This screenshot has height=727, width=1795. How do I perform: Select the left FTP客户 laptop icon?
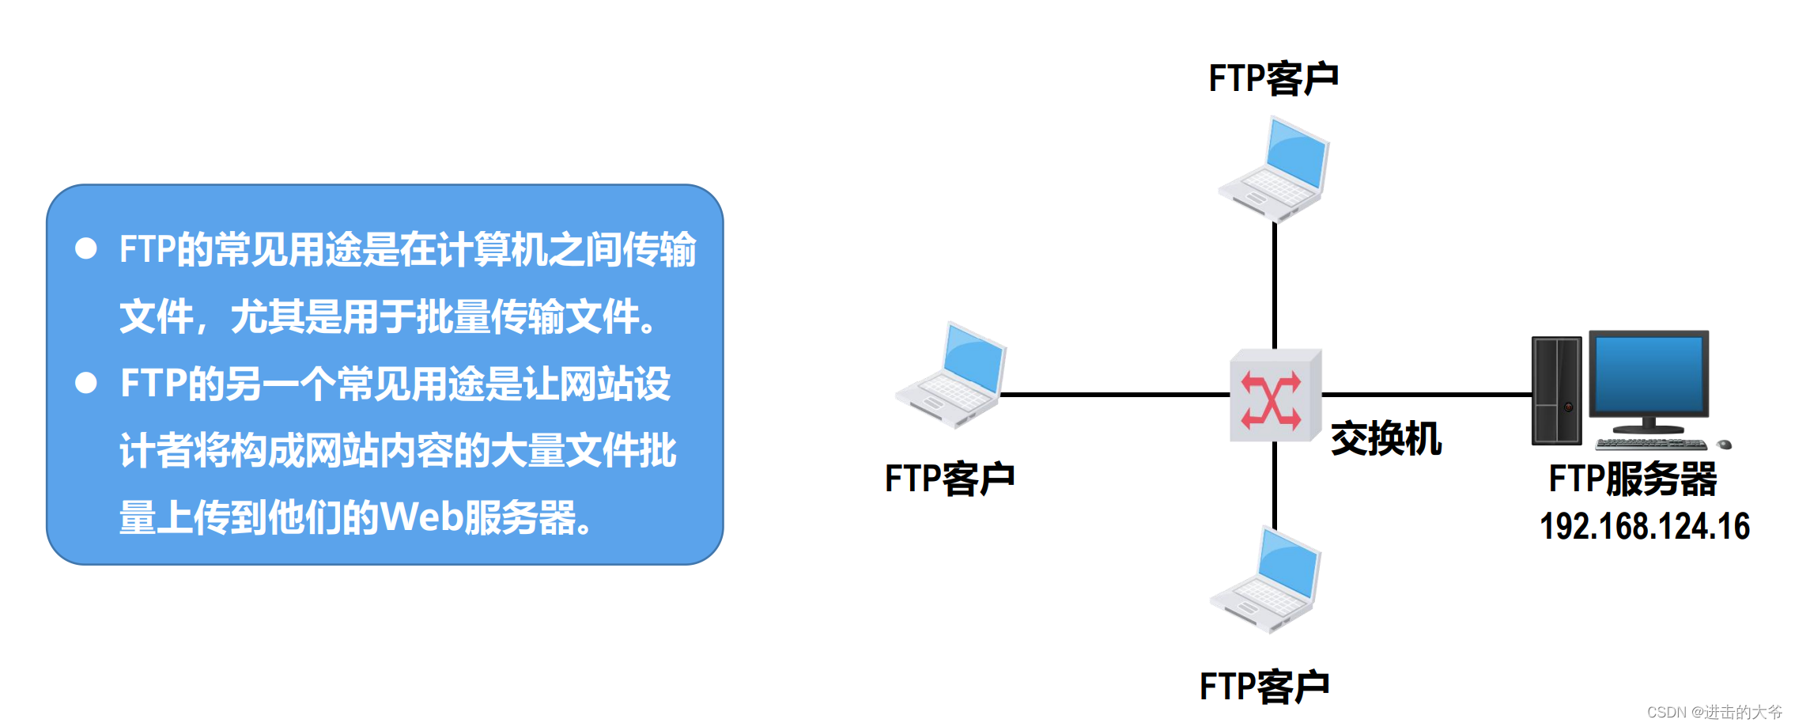pos(951,375)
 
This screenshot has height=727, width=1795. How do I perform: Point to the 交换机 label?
pos(1385,439)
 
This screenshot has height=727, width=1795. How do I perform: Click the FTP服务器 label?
pos(1632,479)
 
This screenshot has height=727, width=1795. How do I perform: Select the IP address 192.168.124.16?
pos(1644,527)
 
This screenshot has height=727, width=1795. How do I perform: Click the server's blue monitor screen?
pos(1649,373)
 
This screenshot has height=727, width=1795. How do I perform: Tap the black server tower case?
pos(1556,390)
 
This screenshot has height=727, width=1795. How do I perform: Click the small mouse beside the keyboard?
pos(1725,445)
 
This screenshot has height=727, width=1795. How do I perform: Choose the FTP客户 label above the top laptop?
pos(1273,79)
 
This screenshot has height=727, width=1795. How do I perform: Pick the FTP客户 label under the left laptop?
pos(949,479)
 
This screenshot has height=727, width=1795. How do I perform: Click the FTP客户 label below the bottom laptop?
pos(1264,687)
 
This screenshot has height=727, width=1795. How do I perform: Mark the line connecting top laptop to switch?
pos(1275,285)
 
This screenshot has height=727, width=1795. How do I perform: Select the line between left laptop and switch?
pos(1115,394)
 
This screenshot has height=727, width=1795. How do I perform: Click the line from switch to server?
pos(1427,394)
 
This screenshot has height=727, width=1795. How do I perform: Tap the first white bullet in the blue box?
pos(85,249)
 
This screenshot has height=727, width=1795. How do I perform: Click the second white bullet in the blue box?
pos(85,384)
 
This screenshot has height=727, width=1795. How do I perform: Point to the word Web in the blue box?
pos(421,518)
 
